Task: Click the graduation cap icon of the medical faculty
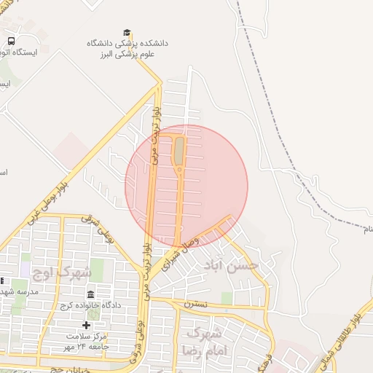coord(127,33)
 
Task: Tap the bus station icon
coord(11,42)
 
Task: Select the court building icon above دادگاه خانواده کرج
coord(90,294)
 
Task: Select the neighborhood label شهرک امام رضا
coord(208,341)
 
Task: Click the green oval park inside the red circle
coord(178,151)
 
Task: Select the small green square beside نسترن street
coord(227,297)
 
